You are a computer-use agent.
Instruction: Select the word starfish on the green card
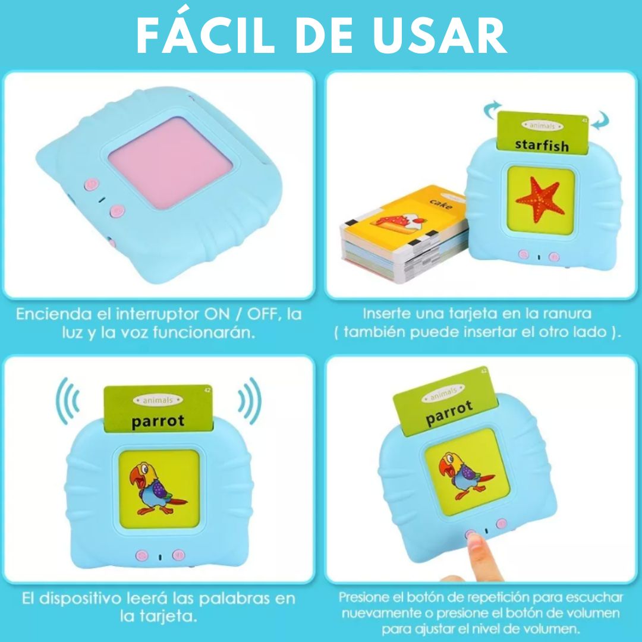[542, 144]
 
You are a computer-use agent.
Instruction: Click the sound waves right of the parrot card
[249, 401]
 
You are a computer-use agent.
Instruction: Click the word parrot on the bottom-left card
[158, 421]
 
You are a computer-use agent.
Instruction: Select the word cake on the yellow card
[441, 203]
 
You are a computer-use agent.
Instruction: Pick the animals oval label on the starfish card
[542, 125]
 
